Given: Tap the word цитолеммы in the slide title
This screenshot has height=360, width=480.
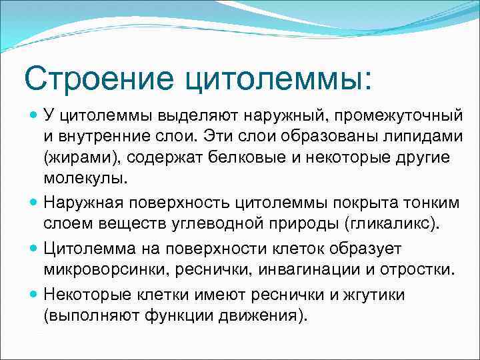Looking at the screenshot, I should (272, 80).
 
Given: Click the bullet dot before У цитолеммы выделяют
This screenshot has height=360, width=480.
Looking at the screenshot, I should (35, 117).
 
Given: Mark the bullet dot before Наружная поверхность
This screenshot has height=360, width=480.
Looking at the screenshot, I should (35, 200).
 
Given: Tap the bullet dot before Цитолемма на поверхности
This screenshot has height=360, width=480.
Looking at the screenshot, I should (35, 249).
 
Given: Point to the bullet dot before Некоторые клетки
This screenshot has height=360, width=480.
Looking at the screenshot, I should (35, 294).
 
